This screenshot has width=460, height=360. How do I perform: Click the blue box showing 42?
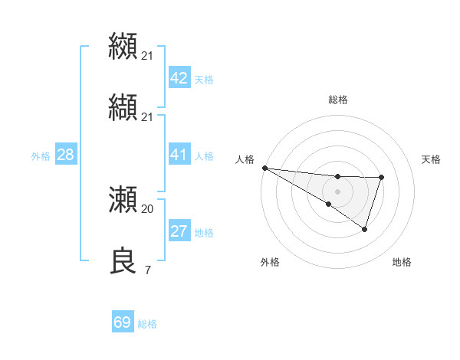(179, 78)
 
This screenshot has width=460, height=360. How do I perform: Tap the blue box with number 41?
(179, 155)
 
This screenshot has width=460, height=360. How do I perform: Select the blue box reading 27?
(179, 231)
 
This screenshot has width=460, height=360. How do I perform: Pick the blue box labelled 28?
(65, 155)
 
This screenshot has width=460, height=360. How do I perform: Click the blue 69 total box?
(123, 322)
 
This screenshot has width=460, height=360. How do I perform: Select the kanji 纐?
(123, 46)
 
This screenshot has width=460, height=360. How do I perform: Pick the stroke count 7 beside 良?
(147, 270)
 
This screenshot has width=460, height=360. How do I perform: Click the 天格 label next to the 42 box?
(204, 79)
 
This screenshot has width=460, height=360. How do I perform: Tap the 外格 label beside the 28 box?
(41, 155)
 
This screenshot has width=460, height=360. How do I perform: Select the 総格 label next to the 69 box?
(147, 324)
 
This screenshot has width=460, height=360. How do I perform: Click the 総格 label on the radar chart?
(338, 100)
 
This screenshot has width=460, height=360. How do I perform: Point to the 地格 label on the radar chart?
(402, 262)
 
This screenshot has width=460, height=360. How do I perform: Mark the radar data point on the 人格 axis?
(264, 168)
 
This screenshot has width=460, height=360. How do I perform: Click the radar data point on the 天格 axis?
(381, 178)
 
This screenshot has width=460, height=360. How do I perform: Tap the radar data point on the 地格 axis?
(365, 229)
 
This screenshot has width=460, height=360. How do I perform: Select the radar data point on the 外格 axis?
(328, 204)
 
